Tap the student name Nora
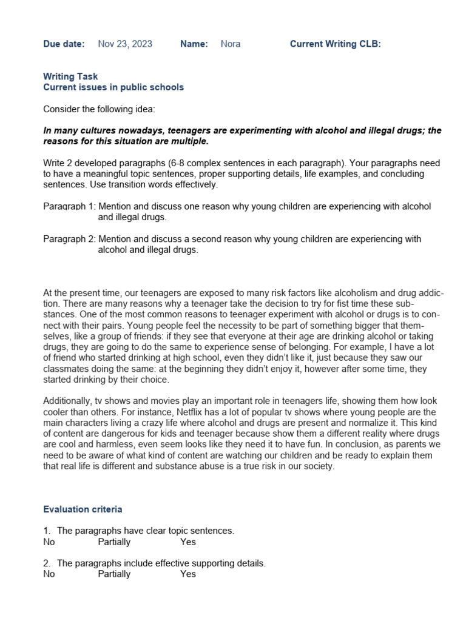coord(231,44)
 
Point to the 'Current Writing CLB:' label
coord(335,44)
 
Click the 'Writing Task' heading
coord(70,76)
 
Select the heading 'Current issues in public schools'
coord(113,87)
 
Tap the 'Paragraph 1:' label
coord(69,206)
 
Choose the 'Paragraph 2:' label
coord(69,239)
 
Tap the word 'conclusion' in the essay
coord(346,445)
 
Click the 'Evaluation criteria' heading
coord(83,509)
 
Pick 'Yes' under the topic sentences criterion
coord(188,542)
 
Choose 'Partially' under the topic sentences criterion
coord(114,542)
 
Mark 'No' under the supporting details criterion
coord(49,574)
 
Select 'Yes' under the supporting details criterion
coord(188,574)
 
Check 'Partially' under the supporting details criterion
coord(114,574)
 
